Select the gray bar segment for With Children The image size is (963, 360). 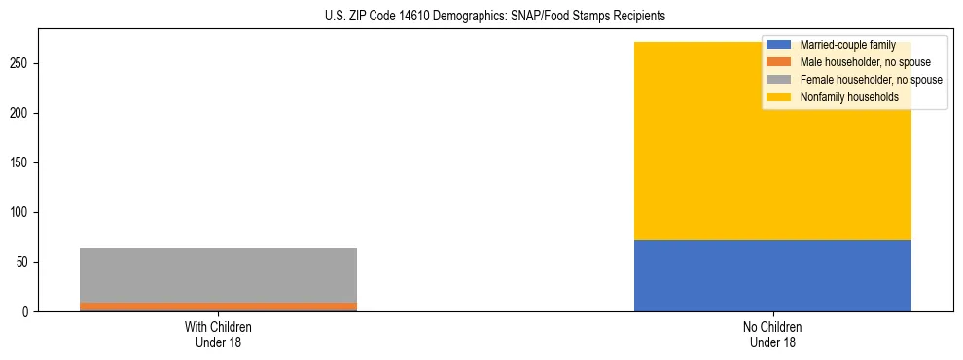(x=218, y=275)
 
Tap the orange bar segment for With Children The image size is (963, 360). (x=218, y=306)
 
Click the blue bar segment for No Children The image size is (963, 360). (x=772, y=275)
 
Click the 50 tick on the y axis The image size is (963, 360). (x=24, y=262)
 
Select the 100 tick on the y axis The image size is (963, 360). (x=21, y=212)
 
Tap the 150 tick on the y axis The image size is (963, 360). (x=21, y=162)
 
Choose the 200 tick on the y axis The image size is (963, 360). (x=21, y=113)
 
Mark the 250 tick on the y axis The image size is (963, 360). (x=21, y=63)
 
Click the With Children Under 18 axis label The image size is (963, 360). (x=218, y=335)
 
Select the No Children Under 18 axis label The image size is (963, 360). (x=772, y=335)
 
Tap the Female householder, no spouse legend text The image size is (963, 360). (x=871, y=80)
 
